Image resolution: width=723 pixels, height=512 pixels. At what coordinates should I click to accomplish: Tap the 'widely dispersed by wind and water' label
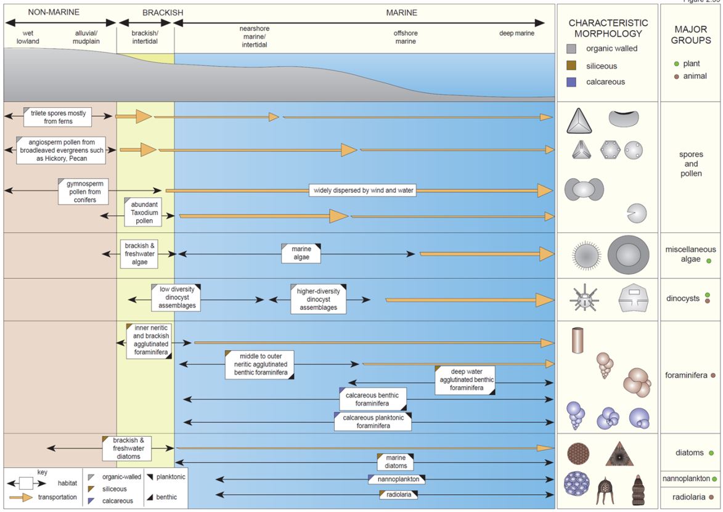[x=362, y=190]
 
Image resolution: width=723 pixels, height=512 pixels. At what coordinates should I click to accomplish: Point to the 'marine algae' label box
[x=301, y=253]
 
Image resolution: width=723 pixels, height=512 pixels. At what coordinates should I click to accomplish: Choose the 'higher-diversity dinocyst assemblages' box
[x=317, y=299]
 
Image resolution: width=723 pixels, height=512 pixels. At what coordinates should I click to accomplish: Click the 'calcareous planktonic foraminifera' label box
[x=372, y=421]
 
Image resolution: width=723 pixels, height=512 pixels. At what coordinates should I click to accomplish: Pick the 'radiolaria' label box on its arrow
[x=398, y=494]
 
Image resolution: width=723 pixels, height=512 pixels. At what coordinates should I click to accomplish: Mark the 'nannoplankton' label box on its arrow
[x=398, y=479]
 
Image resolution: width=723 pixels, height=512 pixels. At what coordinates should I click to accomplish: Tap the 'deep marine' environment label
[x=517, y=33]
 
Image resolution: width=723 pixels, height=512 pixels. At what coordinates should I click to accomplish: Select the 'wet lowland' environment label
[x=28, y=37]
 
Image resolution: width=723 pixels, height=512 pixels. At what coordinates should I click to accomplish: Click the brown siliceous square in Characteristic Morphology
[x=571, y=65]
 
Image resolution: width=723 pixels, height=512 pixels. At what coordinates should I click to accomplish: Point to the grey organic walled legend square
[x=571, y=49]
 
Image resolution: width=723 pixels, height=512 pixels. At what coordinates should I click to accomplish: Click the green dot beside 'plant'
[x=676, y=64]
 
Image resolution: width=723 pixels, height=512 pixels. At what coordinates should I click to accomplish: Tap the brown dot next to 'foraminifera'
[x=713, y=375]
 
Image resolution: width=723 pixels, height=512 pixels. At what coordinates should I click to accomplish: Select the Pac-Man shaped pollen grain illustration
[x=637, y=213]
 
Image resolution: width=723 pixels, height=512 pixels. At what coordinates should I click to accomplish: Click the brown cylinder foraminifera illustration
[x=579, y=340]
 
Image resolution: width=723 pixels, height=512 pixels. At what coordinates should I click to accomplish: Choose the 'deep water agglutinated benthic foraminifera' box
[x=465, y=380]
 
